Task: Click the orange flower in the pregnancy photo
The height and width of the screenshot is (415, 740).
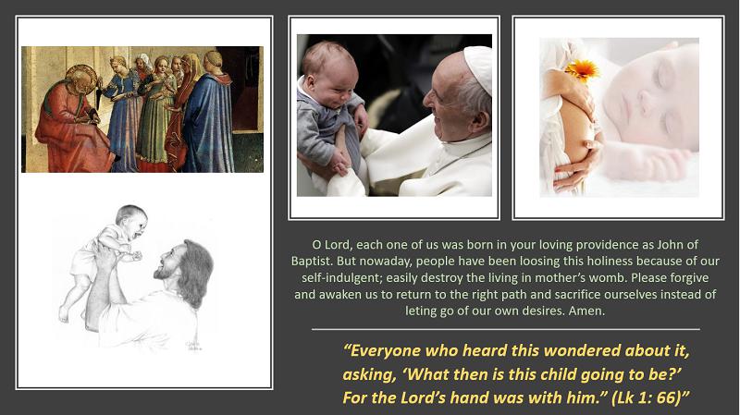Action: point(583,71)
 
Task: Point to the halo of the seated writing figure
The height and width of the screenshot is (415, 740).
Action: point(80,75)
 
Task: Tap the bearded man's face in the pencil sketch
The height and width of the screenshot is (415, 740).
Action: point(166,262)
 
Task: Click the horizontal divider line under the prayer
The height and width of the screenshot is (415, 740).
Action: point(505,329)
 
